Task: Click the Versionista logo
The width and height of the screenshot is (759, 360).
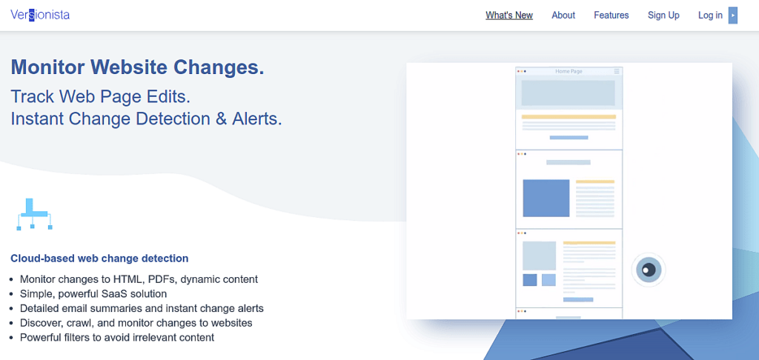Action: click(x=40, y=15)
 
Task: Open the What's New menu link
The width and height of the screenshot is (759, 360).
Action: click(x=509, y=16)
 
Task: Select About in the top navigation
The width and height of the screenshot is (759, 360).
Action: click(x=563, y=16)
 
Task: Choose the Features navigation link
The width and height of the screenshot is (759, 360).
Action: click(x=611, y=16)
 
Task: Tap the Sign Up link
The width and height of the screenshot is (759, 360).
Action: click(x=663, y=16)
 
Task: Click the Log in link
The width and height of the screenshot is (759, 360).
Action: click(x=710, y=16)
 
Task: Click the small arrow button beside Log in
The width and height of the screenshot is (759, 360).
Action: click(x=733, y=16)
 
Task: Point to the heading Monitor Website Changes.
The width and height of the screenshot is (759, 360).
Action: click(x=137, y=67)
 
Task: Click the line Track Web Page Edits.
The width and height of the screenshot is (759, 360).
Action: click(x=101, y=97)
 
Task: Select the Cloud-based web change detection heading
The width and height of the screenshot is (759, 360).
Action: click(x=99, y=259)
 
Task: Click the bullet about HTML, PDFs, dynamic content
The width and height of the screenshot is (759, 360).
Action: click(x=139, y=279)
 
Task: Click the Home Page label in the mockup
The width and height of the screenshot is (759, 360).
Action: click(x=569, y=71)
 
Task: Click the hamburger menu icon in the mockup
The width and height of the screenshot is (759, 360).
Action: click(x=617, y=71)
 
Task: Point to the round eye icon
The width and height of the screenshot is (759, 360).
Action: click(x=648, y=270)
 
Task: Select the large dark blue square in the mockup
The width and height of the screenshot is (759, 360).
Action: click(x=546, y=199)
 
